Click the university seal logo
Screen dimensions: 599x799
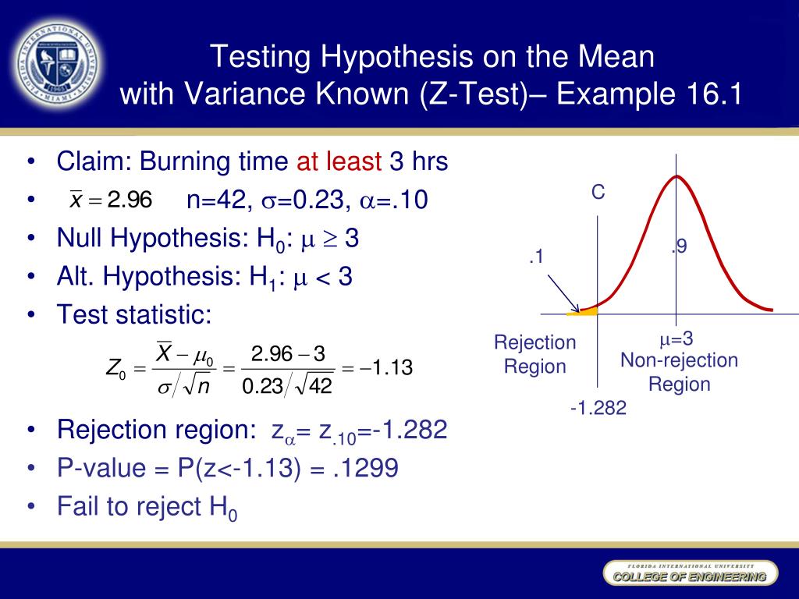tap(59, 62)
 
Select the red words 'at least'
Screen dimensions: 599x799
tap(339, 162)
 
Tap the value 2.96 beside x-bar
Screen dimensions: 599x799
tap(130, 201)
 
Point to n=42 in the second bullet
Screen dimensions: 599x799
tap(218, 201)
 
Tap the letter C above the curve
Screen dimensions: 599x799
tap(598, 193)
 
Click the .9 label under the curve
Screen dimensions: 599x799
tap(679, 247)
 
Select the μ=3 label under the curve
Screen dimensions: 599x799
tap(676, 338)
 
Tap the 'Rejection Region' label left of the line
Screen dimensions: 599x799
tap(535, 354)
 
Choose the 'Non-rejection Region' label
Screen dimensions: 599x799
tap(679, 372)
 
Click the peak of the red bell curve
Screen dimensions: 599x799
tap(676, 176)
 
